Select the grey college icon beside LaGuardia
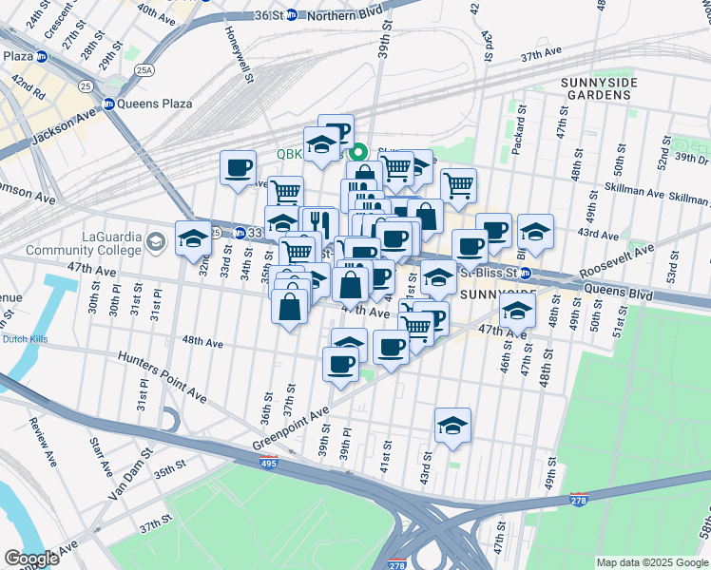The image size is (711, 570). click(x=153, y=243)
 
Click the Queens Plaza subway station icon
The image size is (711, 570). click(x=109, y=104)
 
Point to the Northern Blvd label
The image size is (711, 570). click(x=344, y=15)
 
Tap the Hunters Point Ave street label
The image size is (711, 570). click(x=162, y=374)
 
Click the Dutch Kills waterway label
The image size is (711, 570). click(x=24, y=339)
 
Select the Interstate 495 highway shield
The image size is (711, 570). click(x=270, y=465)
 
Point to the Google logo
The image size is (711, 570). click(x=31, y=559)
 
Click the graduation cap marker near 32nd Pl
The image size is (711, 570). click(x=193, y=238)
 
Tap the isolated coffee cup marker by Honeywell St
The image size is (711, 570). click(x=238, y=168)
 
